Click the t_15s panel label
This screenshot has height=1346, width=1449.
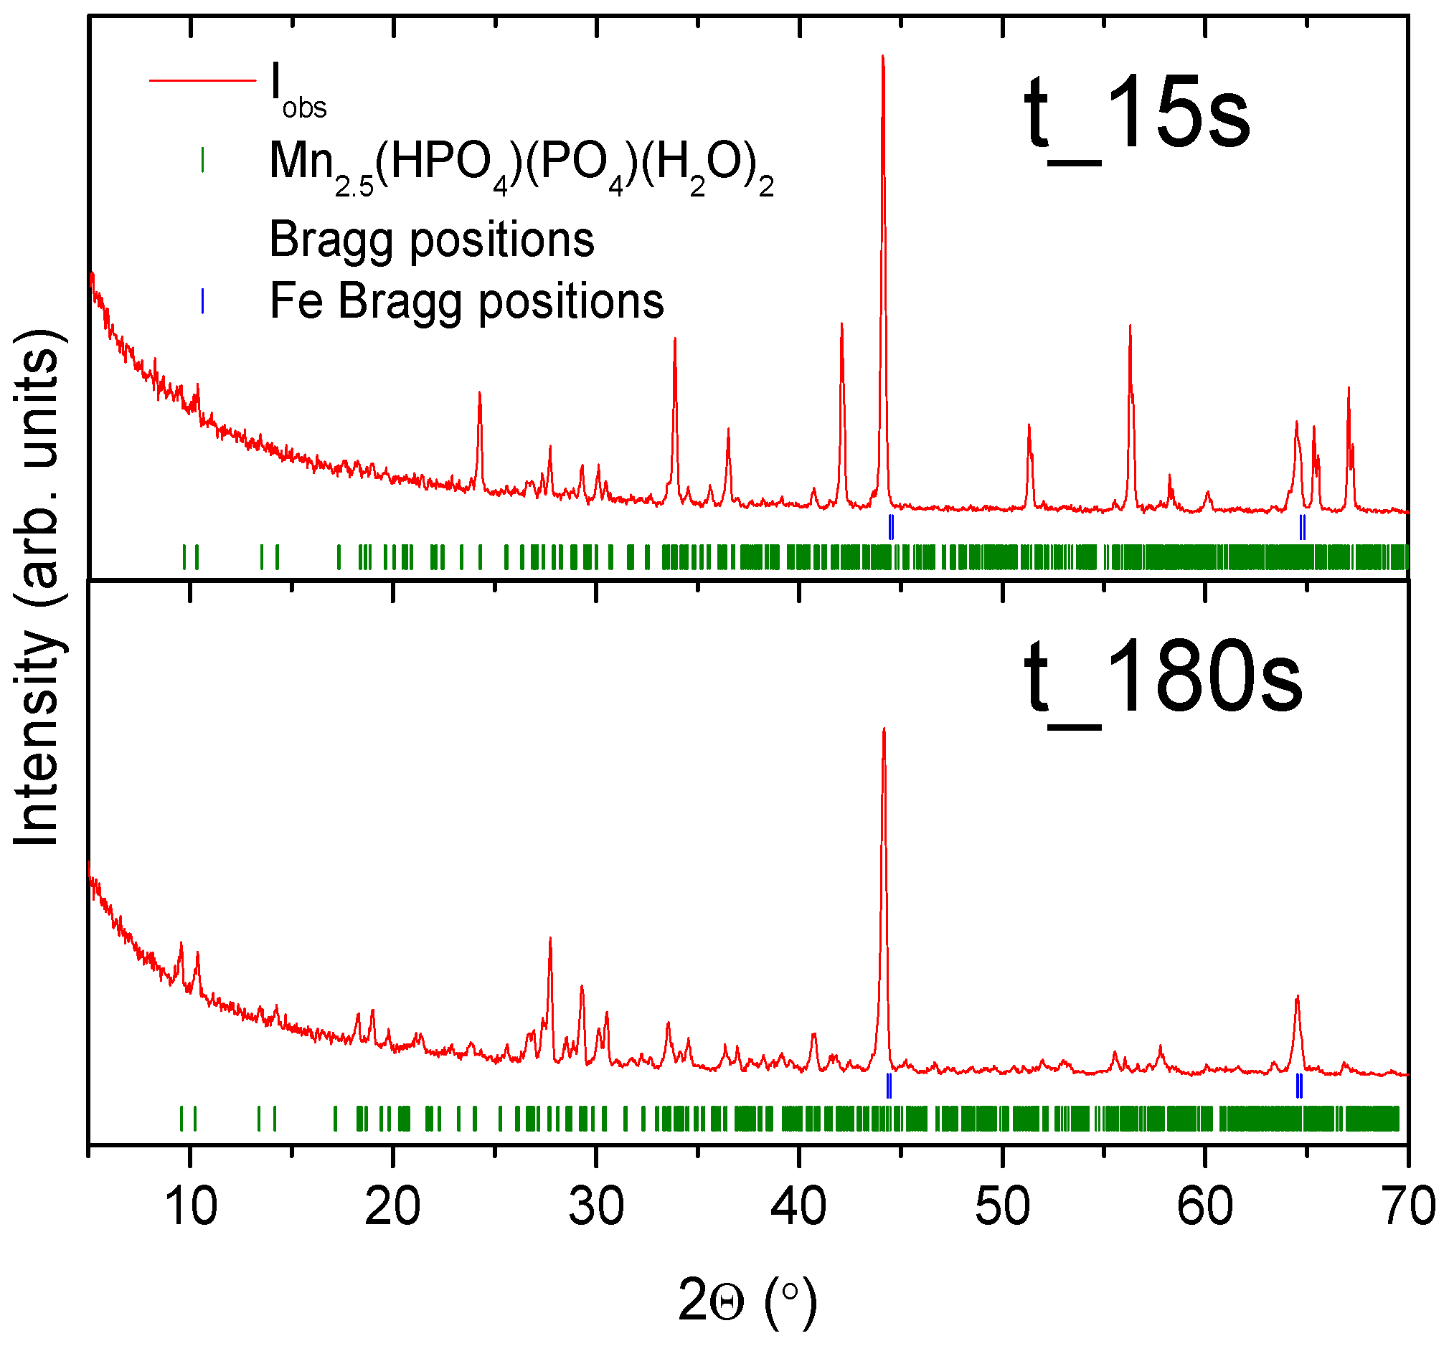[1136, 117]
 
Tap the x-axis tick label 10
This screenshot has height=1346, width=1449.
[191, 1207]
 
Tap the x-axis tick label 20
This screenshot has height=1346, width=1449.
[392, 1207]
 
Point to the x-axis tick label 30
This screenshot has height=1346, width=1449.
[596, 1207]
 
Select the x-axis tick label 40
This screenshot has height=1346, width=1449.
[799, 1207]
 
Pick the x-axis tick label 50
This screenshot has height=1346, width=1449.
[1002, 1207]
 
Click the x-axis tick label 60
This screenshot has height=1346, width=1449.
[1205, 1207]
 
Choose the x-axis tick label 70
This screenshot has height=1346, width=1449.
[1407, 1207]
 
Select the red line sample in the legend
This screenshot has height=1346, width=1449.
[202, 80]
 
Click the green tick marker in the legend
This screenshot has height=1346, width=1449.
[202, 160]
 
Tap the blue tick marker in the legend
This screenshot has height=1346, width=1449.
[202, 300]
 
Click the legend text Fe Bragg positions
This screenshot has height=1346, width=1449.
[466, 300]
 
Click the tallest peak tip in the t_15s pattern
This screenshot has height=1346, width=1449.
[883, 57]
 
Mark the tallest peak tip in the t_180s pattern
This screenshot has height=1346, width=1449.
[884, 729]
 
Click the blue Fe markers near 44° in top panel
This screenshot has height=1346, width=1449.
[891, 526]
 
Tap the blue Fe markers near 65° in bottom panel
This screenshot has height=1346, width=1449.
[1299, 1086]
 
